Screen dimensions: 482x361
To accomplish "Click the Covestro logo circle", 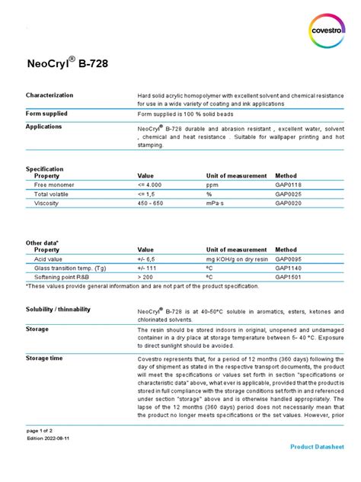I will [327, 29].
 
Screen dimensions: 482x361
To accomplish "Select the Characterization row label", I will [50, 95].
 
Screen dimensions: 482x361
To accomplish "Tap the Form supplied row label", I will [47, 113].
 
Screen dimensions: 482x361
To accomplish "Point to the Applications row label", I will [43, 127].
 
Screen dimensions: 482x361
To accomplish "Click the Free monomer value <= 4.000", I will [150, 185].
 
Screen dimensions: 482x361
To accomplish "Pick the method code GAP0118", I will [289, 185].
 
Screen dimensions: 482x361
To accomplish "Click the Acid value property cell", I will [48, 259].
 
